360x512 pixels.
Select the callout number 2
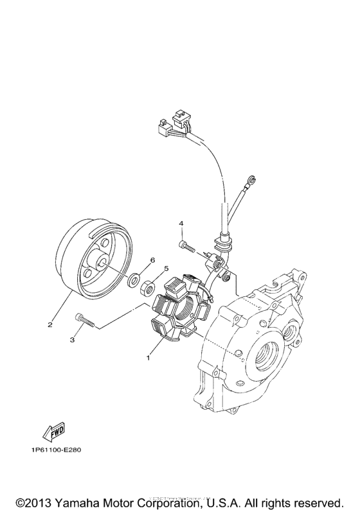coord(50,324)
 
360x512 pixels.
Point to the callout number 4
coord(182,223)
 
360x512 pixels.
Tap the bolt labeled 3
coord(85,319)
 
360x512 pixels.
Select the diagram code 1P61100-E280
coord(55,450)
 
